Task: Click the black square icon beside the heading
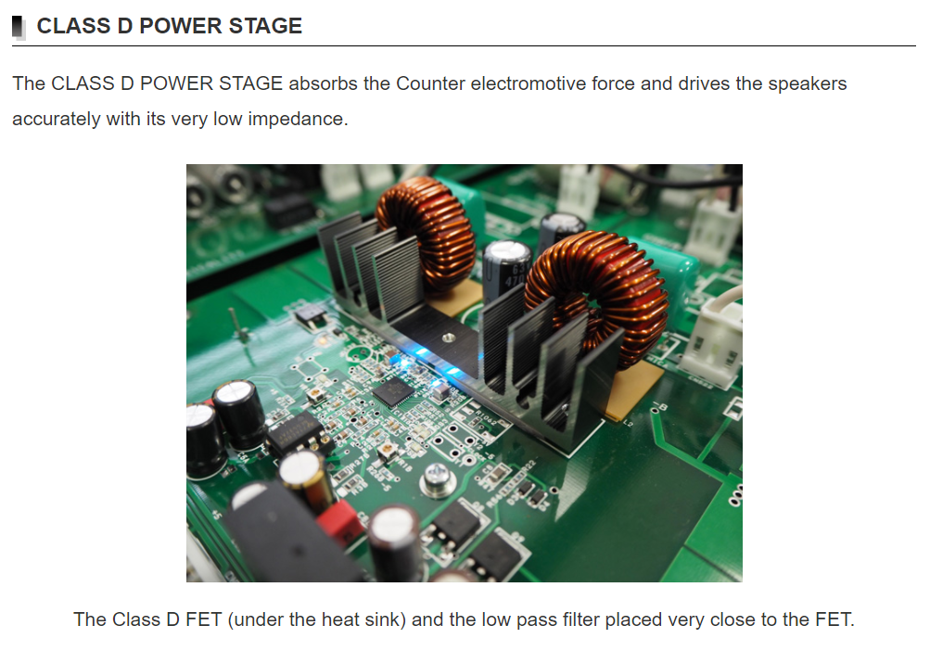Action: [19, 27]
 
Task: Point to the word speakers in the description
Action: [808, 84]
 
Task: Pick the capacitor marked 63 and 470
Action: [506, 270]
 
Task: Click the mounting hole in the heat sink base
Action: [449, 338]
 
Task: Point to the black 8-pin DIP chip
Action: [296, 433]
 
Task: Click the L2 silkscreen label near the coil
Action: [628, 423]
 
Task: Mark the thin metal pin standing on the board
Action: [236, 325]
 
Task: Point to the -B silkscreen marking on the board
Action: [659, 408]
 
